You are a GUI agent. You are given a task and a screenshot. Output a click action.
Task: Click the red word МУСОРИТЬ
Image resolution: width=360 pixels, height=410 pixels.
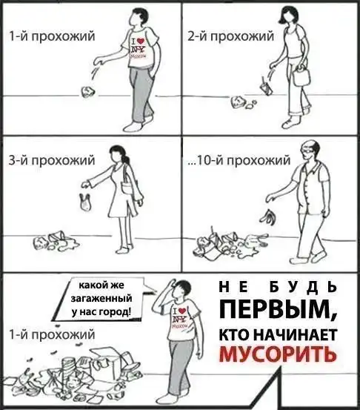278,354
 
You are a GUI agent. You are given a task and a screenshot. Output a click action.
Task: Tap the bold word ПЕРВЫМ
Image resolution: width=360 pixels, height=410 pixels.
278,310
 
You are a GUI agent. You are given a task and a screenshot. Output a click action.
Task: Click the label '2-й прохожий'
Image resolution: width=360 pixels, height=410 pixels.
230,36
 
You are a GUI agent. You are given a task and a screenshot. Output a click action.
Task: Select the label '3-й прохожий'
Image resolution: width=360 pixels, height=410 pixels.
52,160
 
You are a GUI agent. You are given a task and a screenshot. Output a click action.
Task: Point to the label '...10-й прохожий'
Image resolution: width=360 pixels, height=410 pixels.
239,160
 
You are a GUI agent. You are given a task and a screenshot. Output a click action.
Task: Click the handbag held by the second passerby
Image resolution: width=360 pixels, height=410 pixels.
301,76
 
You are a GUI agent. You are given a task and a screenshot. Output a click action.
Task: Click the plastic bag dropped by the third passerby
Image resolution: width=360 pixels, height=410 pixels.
85,202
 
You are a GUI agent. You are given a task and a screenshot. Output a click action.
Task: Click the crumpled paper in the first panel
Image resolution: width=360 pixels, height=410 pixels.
88,92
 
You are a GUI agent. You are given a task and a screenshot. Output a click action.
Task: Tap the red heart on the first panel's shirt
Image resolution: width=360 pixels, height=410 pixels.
141,41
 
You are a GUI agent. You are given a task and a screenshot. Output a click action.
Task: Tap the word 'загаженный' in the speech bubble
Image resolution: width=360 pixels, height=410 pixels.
101,298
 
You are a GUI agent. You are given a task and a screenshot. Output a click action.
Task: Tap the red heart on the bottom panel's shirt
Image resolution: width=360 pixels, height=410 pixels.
183,311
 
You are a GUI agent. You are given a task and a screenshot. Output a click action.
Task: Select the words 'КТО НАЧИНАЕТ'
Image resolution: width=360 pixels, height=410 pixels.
278,335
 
